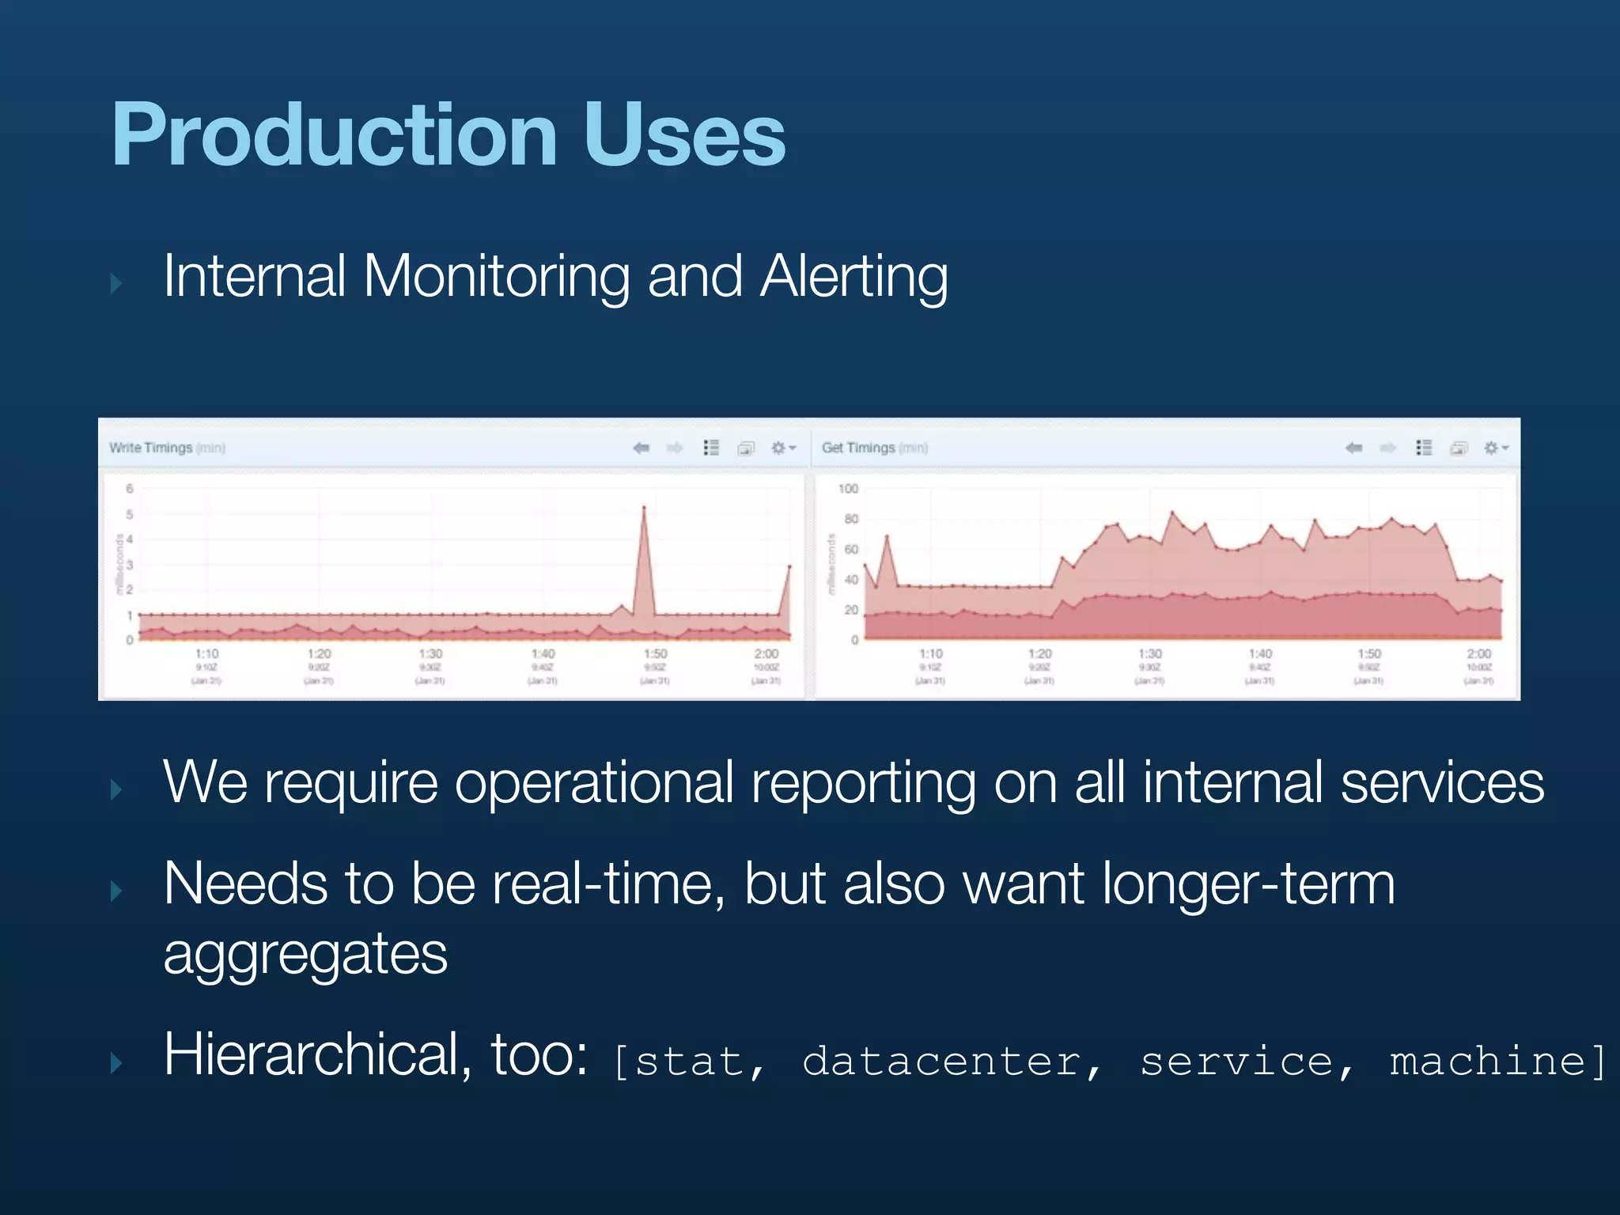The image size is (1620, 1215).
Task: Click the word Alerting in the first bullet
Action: point(854,277)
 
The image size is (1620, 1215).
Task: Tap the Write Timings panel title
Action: point(150,448)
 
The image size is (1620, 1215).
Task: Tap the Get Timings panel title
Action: point(857,448)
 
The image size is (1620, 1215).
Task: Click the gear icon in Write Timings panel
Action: point(779,449)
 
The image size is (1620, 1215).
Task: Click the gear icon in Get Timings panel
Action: point(1491,449)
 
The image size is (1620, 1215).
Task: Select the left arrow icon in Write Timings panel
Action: point(641,449)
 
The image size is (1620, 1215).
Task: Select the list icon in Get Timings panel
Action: point(1424,449)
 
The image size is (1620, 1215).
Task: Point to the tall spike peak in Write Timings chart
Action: point(644,508)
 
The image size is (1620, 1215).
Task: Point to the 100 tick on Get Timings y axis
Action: point(848,489)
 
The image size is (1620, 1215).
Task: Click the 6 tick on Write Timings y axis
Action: point(130,489)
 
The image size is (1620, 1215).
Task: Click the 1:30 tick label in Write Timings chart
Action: point(430,654)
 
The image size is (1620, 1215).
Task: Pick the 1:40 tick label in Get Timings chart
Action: point(1260,654)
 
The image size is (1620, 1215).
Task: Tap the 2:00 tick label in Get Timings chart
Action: point(1478,654)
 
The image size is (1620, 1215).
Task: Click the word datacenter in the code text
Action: point(941,1062)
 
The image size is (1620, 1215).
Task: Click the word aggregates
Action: point(305,955)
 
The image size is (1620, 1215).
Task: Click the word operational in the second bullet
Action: point(594,783)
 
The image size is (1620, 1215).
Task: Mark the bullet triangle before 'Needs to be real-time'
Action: point(116,891)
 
